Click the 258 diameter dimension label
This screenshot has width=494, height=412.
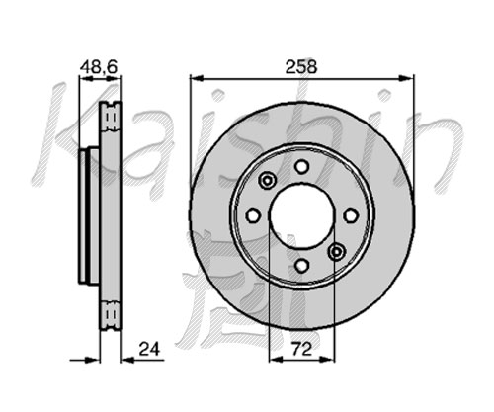pos(301,67)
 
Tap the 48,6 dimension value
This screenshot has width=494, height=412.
pos(99,67)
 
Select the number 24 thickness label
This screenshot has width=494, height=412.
pos(149,349)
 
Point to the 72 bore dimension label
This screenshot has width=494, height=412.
pos(301,349)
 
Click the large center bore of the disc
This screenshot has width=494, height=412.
pos(301,215)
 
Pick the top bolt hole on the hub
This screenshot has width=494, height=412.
pos(301,166)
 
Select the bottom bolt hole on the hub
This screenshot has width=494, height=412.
pos(301,265)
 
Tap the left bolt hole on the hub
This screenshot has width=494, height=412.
pos(253,215)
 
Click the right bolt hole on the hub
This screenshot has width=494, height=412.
pos(351,215)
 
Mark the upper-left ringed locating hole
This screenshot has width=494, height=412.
pos(267,181)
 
